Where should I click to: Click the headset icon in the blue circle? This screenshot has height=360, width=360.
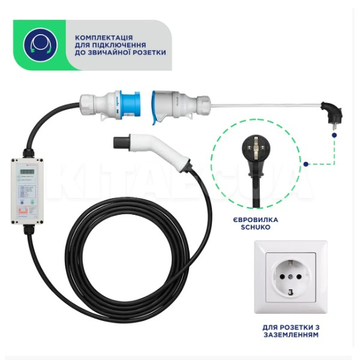pos(40,45)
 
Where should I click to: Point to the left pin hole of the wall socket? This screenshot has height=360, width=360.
pos(277,278)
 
